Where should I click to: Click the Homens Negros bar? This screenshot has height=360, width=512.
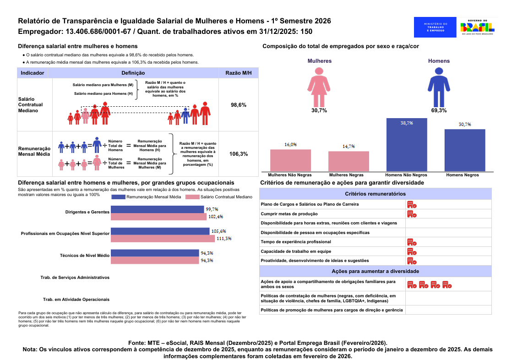(x=464, y=150)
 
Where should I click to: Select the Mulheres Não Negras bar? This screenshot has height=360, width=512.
(x=290, y=160)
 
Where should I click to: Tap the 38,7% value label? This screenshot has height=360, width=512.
(x=407, y=123)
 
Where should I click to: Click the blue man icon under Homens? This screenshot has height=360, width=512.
(x=439, y=86)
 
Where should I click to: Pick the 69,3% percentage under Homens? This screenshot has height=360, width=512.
(x=439, y=110)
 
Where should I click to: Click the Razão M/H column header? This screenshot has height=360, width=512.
(x=239, y=73)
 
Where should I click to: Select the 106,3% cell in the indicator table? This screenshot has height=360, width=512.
(x=239, y=154)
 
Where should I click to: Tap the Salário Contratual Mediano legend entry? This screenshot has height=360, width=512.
(x=219, y=196)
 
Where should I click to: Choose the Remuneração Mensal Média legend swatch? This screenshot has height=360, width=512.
(x=118, y=196)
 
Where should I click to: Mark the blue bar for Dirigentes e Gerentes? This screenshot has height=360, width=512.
(x=158, y=209)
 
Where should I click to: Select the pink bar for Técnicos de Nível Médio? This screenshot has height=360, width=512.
(x=155, y=260)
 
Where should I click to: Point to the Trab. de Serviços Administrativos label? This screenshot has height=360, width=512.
(x=75, y=278)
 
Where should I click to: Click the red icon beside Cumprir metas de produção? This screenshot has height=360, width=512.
(x=412, y=213)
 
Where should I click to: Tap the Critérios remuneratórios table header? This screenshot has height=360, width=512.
(x=375, y=194)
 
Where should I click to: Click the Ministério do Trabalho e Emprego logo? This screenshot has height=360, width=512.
(x=435, y=27)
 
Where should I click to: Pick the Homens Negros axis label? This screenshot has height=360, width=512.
(x=462, y=175)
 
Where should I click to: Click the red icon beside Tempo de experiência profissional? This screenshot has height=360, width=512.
(x=412, y=242)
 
